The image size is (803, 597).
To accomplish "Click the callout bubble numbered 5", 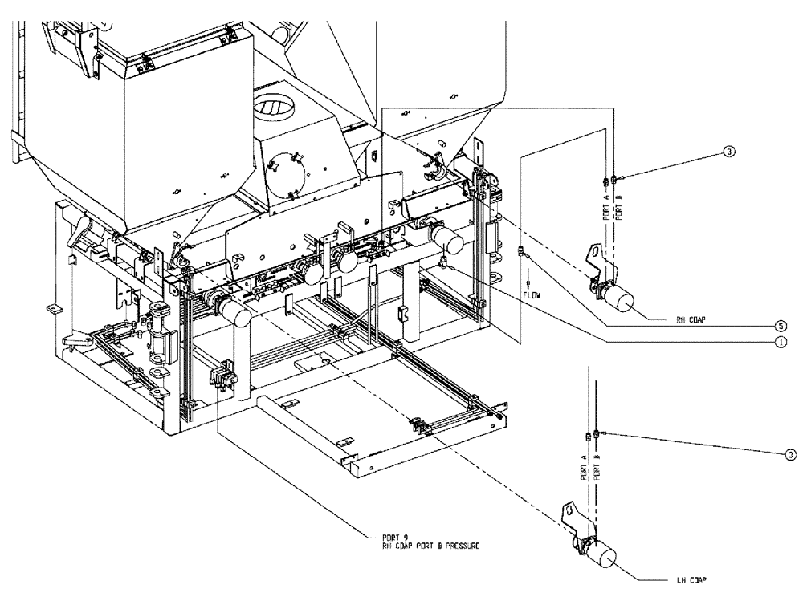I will click(779, 326).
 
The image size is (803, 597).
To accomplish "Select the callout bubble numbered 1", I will click(779, 340).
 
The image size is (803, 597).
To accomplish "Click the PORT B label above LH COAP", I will click(596, 465).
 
